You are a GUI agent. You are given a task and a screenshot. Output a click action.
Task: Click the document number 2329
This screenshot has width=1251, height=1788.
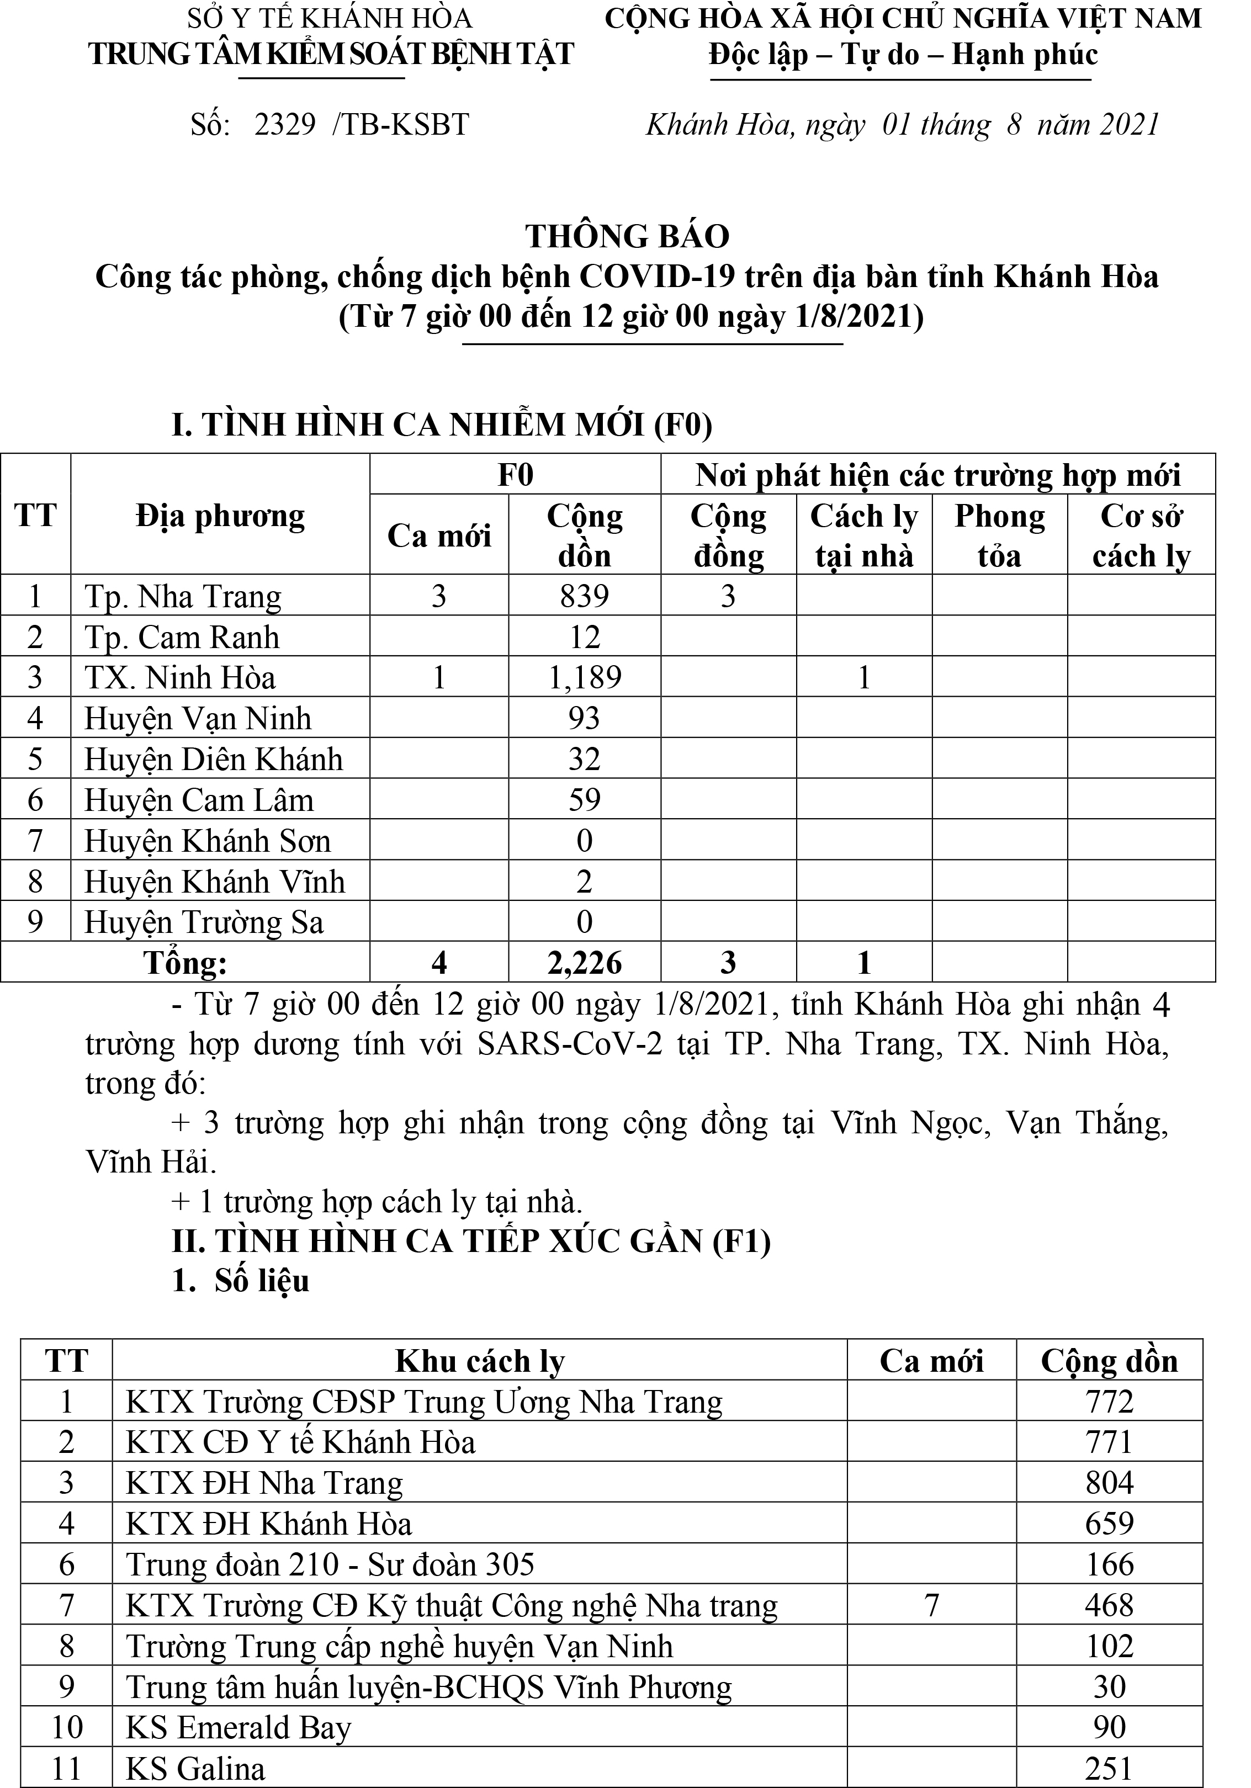click(284, 125)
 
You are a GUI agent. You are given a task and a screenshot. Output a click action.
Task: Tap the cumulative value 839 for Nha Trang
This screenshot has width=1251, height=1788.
click(584, 597)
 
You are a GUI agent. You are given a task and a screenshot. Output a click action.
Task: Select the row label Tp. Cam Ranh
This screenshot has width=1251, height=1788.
click(182, 637)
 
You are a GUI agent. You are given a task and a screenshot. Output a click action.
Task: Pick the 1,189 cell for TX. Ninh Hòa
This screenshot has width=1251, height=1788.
click(584, 677)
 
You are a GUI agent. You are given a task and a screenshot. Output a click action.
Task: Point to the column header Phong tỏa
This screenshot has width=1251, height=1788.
click(999, 536)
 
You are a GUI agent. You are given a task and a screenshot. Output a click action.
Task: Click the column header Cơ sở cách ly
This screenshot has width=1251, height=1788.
click(1141, 536)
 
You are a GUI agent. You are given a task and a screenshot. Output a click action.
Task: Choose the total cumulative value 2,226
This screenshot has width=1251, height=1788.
click(584, 963)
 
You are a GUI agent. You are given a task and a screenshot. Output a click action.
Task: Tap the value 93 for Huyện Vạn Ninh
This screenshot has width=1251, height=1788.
click(584, 718)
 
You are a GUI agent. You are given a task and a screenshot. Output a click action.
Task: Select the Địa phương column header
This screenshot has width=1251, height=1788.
click(220, 516)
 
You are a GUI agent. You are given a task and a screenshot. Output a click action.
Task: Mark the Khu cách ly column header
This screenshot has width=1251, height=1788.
click(479, 1361)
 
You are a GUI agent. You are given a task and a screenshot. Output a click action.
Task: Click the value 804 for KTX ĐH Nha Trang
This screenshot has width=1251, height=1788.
click(1109, 1483)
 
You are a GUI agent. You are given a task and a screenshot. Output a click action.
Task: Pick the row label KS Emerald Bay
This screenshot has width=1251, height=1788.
click(238, 1727)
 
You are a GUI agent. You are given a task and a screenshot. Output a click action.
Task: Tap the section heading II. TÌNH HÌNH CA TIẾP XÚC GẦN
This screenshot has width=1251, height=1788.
click(470, 1240)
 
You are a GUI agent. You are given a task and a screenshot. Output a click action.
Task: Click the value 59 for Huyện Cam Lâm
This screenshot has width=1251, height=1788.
click(584, 800)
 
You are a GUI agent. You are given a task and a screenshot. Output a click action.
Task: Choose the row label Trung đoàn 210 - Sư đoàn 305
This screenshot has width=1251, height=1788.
click(330, 1564)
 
